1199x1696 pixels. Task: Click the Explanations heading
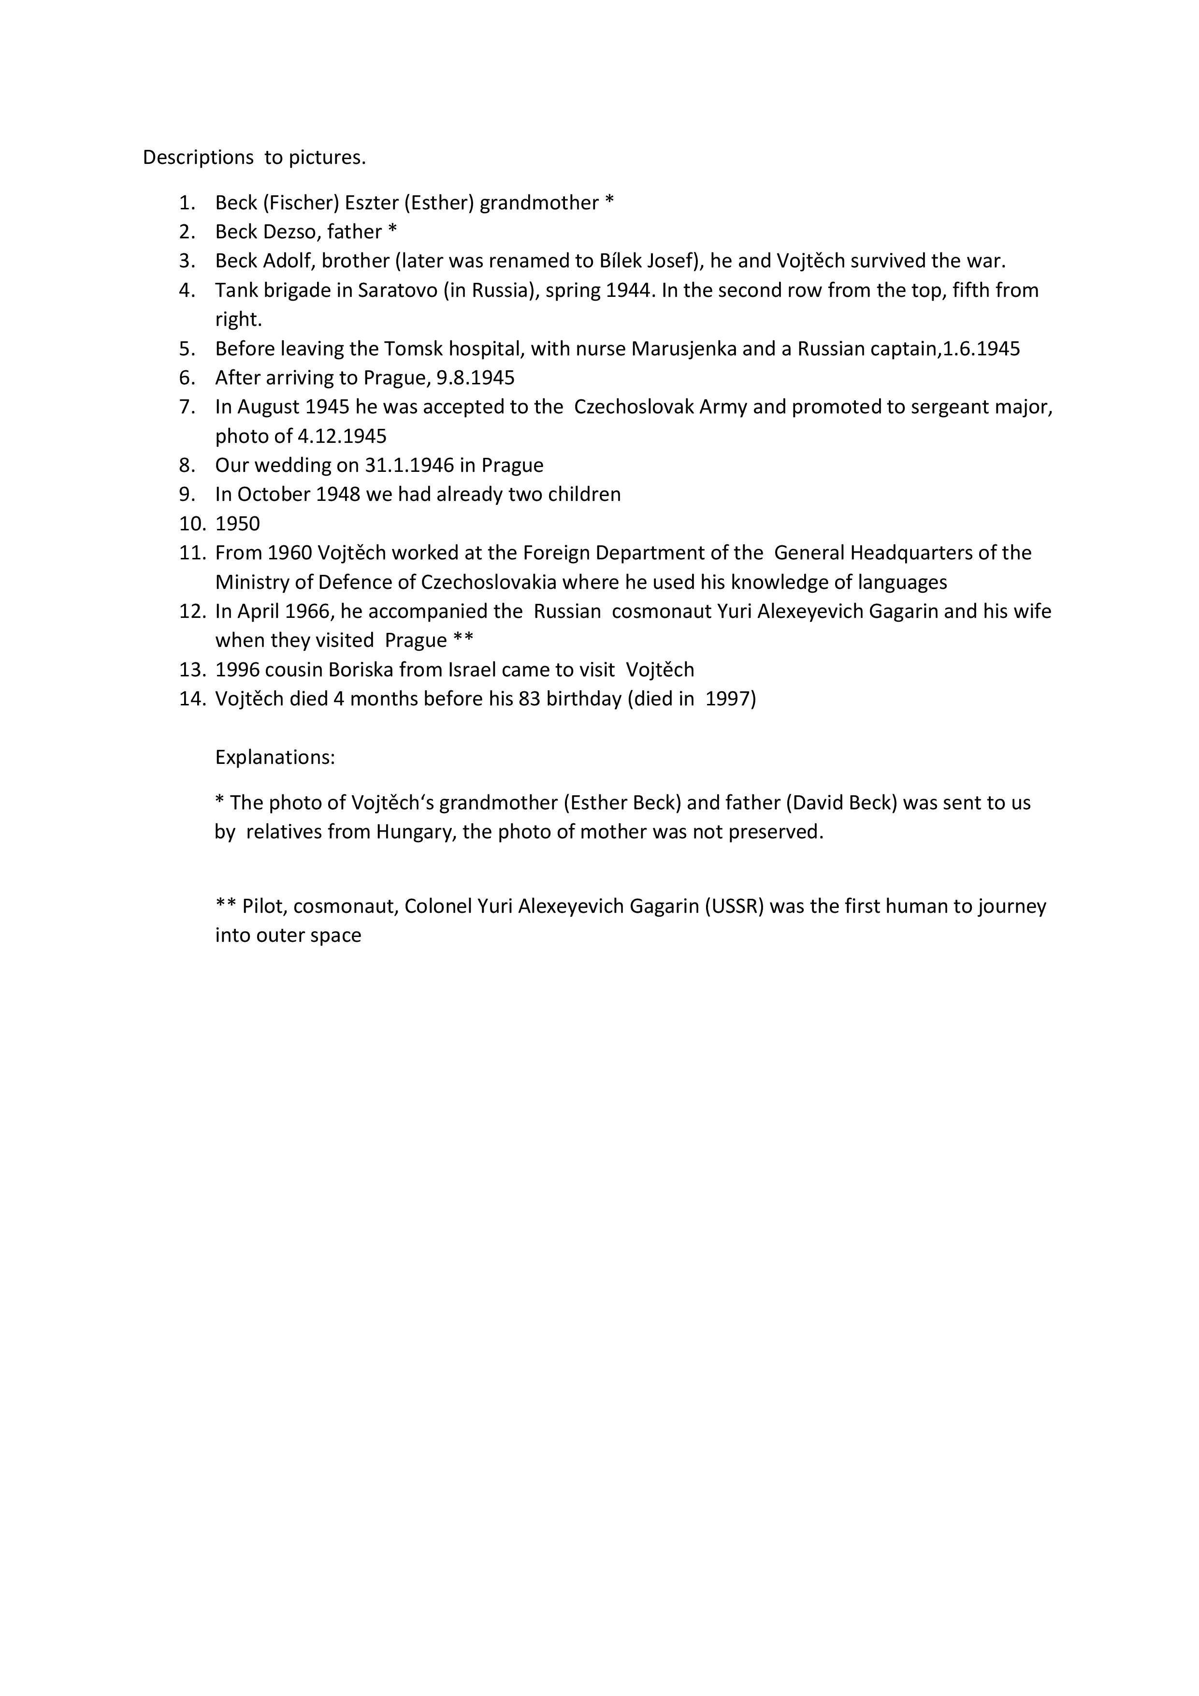click(274, 757)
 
